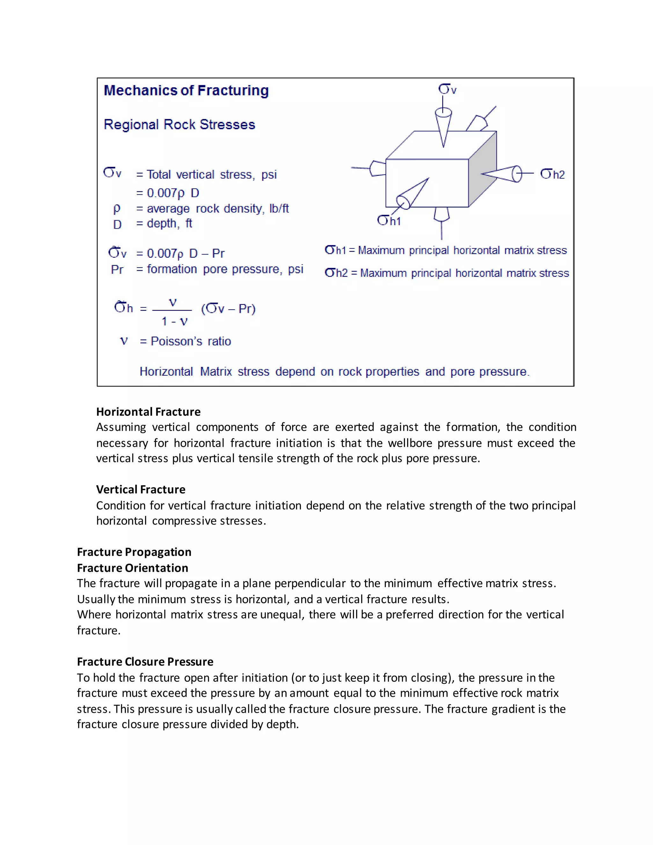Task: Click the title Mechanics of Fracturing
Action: (x=186, y=91)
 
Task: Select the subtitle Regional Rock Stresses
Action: (x=180, y=125)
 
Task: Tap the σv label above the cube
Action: (x=447, y=89)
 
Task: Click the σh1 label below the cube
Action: (x=389, y=221)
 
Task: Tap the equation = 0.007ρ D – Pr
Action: (x=180, y=253)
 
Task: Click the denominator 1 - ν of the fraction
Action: (x=174, y=321)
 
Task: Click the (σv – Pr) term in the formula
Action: (x=228, y=309)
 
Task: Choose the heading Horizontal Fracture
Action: (x=148, y=412)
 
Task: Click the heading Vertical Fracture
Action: (x=141, y=489)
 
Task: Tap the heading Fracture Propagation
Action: (x=134, y=552)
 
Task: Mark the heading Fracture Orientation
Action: (x=133, y=568)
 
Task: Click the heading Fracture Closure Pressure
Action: (x=145, y=662)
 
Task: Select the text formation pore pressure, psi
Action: (x=220, y=269)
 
